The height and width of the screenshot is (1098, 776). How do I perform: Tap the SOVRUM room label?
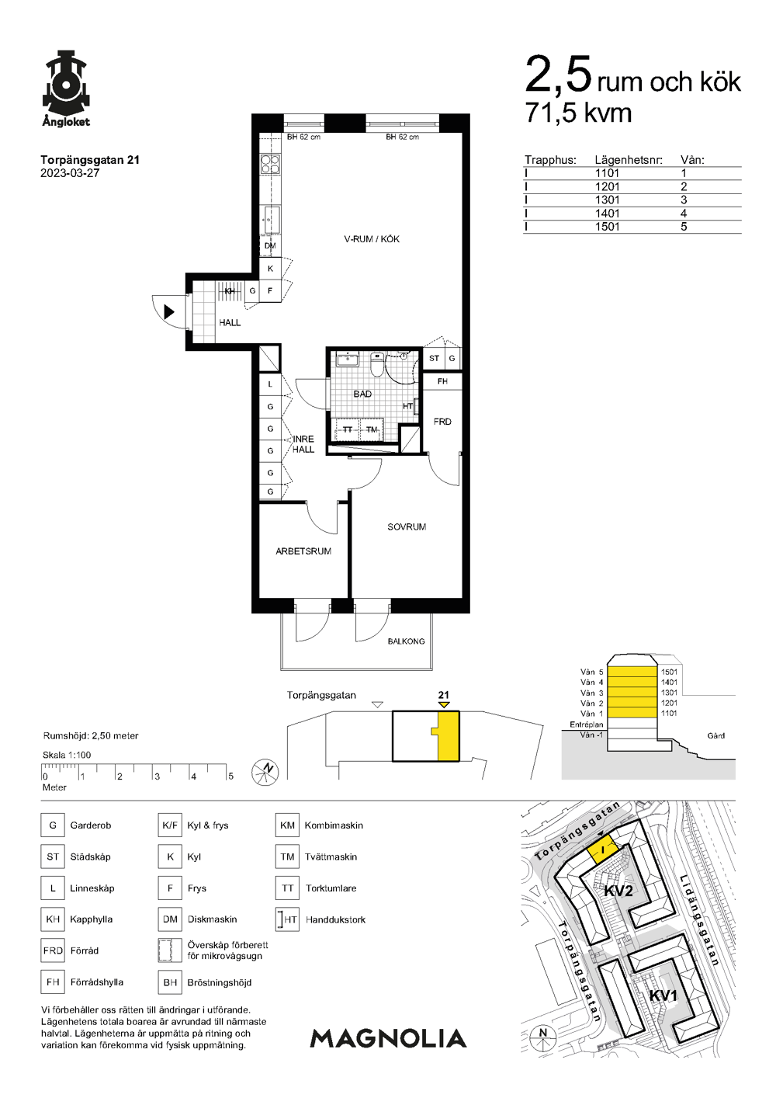pos(407,527)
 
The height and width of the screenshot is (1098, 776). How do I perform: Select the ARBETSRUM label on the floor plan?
pos(303,551)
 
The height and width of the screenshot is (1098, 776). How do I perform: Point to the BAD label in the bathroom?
pos(362,394)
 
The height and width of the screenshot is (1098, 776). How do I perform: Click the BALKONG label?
pos(406,641)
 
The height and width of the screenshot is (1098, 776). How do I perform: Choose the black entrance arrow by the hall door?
pos(169,311)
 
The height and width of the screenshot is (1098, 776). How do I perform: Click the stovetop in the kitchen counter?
pos(270,164)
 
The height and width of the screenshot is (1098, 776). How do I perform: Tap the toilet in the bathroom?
pos(376,364)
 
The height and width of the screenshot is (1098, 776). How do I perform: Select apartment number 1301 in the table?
pos(607,200)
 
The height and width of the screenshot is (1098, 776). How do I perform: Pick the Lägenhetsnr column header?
pos(629,160)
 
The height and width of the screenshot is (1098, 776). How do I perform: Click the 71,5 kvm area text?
pos(578,113)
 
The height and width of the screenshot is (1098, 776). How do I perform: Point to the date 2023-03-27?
pos(70,173)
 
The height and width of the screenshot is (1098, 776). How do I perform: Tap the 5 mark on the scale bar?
pos(230,776)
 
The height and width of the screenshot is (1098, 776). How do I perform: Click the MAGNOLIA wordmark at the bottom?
pos(388,1038)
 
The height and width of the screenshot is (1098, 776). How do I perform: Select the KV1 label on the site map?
pos(663,995)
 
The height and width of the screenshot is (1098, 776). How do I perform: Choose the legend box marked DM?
pos(170,919)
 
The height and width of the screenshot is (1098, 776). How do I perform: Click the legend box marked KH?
pos(53,919)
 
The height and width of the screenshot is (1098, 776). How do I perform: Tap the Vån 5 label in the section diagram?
pos(592,672)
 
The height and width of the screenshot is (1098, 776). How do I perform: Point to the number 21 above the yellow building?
pos(443,694)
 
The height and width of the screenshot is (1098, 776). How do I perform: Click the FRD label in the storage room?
pos(442,422)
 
